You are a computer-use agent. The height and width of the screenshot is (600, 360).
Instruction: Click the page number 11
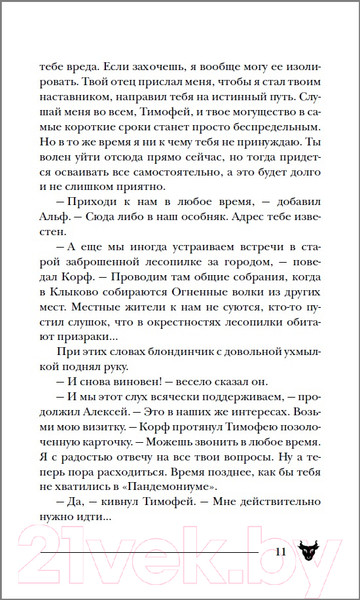coord(280,552)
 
